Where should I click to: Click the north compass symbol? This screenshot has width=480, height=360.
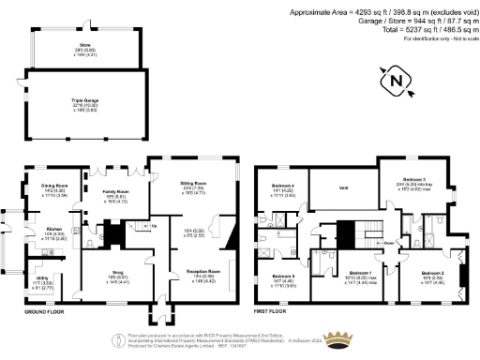(x=397, y=82)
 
